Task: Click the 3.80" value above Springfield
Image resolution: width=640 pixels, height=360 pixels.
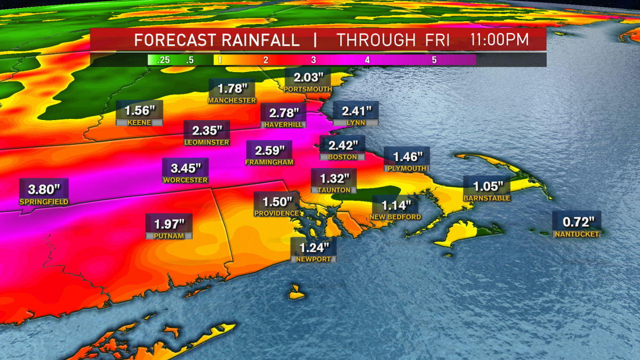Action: [37, 189]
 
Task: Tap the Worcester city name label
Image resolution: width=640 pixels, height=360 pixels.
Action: [185, 180]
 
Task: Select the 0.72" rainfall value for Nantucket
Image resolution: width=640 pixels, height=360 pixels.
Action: [577, 221]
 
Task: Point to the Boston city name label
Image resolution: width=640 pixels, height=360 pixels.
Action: [342, 157]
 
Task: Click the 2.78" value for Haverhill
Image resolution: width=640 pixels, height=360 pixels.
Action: [283, 113]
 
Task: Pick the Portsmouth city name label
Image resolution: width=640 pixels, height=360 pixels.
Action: [308, 89]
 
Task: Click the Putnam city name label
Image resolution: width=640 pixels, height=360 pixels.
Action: [169, 235]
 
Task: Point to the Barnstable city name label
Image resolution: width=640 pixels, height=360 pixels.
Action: [487, 198]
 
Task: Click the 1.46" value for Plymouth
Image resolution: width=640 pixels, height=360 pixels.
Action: [407, 157]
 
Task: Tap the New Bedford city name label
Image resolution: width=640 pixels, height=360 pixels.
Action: [396, 217]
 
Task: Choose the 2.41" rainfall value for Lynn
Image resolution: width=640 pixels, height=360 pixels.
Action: [355, 111]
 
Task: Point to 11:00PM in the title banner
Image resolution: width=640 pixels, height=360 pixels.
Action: [500, 40]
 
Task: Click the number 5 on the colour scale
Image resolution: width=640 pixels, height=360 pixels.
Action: [434, 60]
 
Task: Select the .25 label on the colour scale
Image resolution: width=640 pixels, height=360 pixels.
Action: [163, 60]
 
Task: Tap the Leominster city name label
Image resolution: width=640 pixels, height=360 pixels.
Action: [206, 142]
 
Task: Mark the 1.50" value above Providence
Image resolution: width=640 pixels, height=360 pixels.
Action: [276, 202]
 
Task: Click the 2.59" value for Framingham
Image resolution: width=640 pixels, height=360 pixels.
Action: [269, 151]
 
